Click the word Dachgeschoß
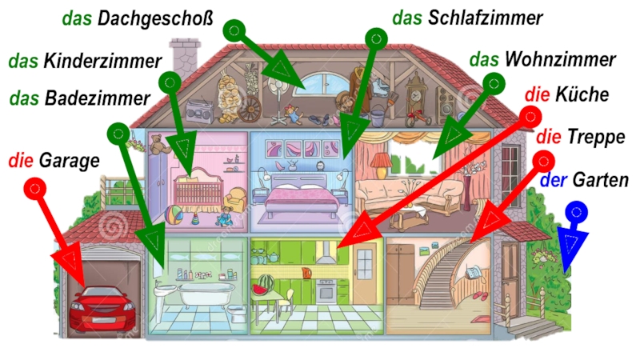click(x=155, y=18)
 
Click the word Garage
click(x=70, y=161)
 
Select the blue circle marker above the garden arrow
click(x=576, y=212)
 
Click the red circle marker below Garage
click(x=35, y=188)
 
